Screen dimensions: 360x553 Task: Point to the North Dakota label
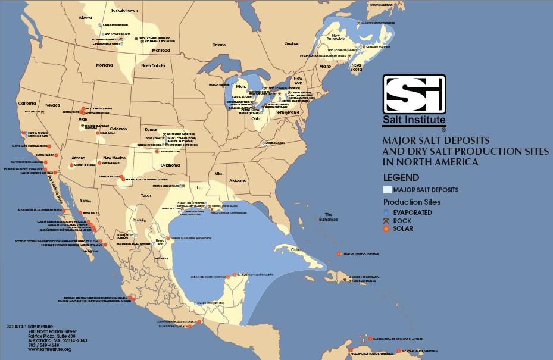153,65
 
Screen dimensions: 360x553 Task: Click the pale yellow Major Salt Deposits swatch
387,190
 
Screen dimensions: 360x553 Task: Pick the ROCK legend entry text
402,220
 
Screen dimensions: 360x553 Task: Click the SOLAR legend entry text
403,228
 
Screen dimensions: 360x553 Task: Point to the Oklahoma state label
170,165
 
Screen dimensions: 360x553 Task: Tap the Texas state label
146,195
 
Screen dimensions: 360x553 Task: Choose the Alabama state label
238,180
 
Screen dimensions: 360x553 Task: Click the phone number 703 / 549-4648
45,345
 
